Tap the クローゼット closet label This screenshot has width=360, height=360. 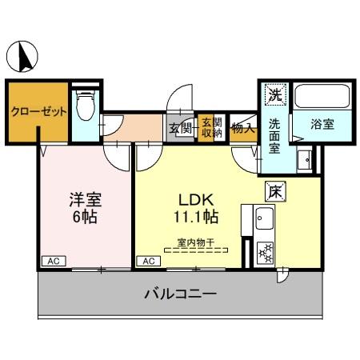coord(38,112)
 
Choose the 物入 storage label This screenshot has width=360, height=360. coord(242,126)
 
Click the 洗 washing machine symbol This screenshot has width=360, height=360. coord(274,94)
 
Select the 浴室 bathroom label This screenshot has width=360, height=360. coord(322,126)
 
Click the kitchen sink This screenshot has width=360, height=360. coord(264,218)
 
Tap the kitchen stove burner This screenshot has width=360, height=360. coord(264,252)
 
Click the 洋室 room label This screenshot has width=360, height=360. coord(84,199)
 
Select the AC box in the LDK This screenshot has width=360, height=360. coord(148,261)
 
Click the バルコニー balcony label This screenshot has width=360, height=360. coord(179,294)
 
